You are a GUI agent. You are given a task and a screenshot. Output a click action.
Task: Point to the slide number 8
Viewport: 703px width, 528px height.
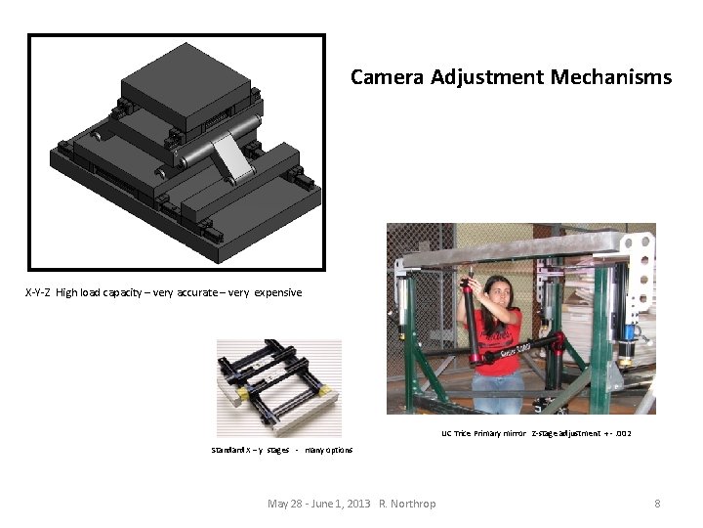[657, 504]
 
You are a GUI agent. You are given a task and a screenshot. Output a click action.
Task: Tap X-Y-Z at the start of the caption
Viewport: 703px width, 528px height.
[38, 292]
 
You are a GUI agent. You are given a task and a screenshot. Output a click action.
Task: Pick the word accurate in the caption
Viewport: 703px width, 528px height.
[195, 292]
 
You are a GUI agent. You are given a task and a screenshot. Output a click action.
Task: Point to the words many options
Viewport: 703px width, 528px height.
[329, 450]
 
